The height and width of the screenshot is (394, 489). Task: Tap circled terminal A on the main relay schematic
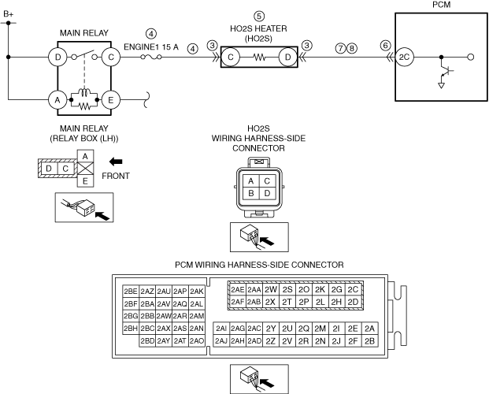point(57,100)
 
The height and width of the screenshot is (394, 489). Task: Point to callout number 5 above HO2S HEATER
point(259,16)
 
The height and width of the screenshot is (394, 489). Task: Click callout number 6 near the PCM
point(384,46)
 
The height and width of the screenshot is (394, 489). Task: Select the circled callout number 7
point(339,46)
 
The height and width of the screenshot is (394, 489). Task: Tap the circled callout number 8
point(351,46)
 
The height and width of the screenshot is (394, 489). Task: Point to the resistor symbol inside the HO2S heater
point(260,58)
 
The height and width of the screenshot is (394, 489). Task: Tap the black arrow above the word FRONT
point(117,162)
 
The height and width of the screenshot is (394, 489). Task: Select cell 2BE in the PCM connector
point(131,290)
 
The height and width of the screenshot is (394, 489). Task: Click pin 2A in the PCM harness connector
point(370,328)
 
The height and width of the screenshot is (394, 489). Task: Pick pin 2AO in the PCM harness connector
point(197,340)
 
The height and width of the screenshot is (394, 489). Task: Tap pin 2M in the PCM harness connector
point(320,328)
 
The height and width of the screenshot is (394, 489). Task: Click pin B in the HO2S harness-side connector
point(250,193)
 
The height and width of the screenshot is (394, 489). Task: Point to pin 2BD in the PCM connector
point(146,340)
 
